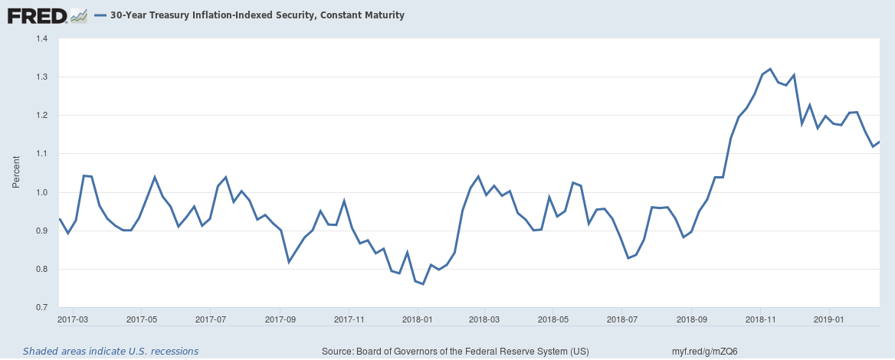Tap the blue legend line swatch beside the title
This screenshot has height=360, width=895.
100,15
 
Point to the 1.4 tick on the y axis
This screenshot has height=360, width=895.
41,38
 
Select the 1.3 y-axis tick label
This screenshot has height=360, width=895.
41,77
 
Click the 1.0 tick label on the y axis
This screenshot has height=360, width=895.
41,192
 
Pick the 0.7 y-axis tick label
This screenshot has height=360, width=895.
41,307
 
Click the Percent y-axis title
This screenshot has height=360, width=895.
16,173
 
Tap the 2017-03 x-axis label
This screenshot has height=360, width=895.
74,318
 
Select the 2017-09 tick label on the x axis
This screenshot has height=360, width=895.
280,318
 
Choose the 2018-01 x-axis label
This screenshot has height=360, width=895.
418,318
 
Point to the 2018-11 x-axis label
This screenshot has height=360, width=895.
760,318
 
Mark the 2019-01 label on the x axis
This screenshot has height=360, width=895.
829,318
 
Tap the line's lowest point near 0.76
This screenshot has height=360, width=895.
422,284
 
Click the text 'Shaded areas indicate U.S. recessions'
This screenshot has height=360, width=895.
110,352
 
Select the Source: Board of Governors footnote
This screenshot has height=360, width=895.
455,352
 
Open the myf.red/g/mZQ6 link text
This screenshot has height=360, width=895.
704,352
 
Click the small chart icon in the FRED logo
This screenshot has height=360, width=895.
78,15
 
